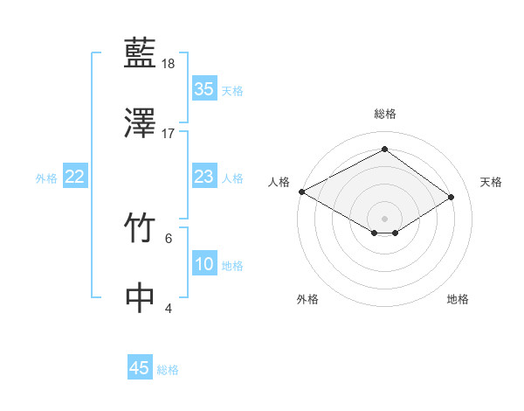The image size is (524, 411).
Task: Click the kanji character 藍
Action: [141, 54]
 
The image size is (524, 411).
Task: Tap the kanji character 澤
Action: [141, 123]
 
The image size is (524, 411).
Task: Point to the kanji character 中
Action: [141, 297]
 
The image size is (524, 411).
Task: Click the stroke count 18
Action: [169, 65]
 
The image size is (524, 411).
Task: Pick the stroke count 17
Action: [169, 134]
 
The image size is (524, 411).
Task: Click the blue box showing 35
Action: [203, 89]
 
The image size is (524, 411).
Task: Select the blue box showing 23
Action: [203, 178]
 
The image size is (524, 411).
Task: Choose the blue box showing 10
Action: [203, 265]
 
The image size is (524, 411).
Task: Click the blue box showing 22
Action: [74, 178]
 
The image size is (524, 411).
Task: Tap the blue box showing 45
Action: [140, 368]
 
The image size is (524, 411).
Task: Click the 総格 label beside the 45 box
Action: [168, 370]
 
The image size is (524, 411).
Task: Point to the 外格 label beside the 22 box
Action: [46, 178]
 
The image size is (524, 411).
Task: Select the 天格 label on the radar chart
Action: [491, 182]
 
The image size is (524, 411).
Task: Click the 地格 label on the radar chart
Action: [458, 299]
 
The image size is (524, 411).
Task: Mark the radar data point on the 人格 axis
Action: [301, 192]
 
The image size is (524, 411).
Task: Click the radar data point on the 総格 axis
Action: [384, 150]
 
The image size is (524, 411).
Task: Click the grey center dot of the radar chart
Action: [384, 218]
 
